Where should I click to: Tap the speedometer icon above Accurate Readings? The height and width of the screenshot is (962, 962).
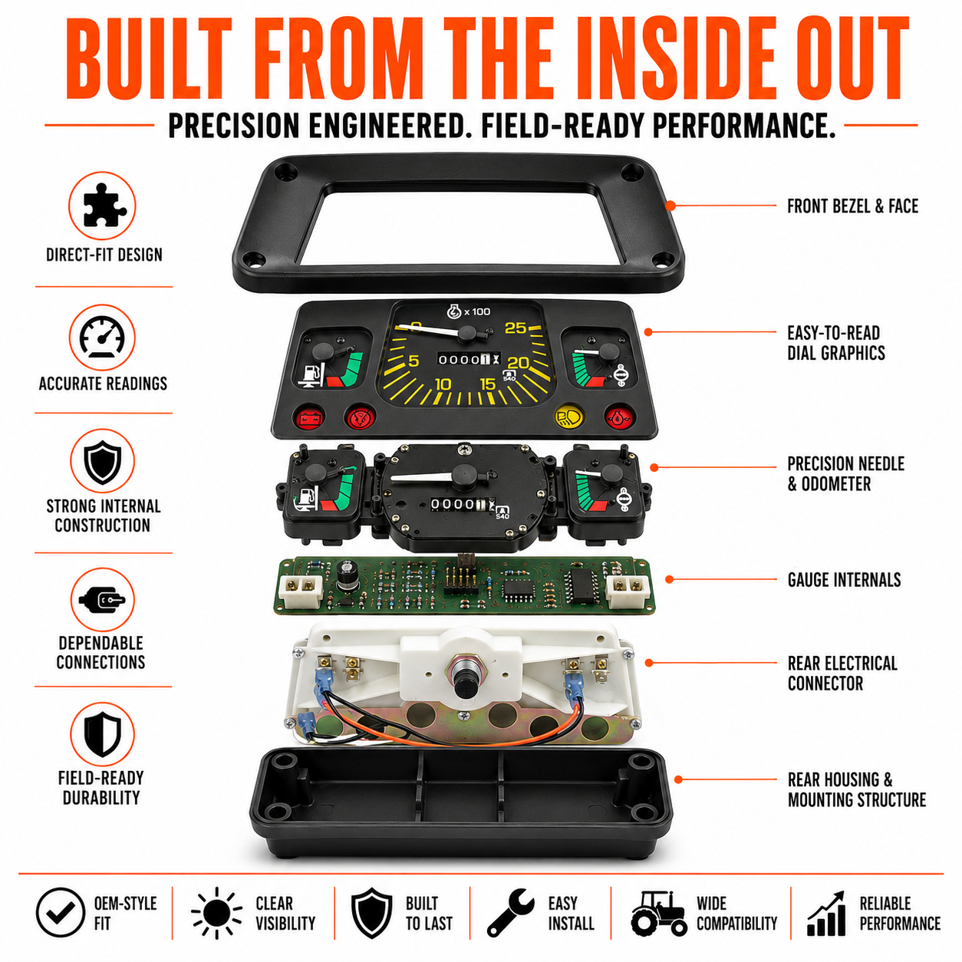point(102,337)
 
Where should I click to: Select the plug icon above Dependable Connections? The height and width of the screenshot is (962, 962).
point(102,600)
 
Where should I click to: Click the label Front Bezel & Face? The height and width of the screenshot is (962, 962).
point(852,206)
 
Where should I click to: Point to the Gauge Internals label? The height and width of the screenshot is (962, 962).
point(844,580)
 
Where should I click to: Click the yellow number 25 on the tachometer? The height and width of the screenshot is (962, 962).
point(516,328)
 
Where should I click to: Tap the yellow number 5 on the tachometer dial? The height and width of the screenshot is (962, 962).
point(413,361)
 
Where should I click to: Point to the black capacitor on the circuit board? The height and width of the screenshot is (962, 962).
point(345,575)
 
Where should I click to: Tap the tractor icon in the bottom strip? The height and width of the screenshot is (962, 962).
point(658,913)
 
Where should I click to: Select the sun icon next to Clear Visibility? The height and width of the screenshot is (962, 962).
point(216,913)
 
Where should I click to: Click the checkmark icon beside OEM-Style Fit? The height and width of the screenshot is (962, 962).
point(61,913)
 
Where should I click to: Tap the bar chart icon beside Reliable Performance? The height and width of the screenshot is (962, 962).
point(827,914)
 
